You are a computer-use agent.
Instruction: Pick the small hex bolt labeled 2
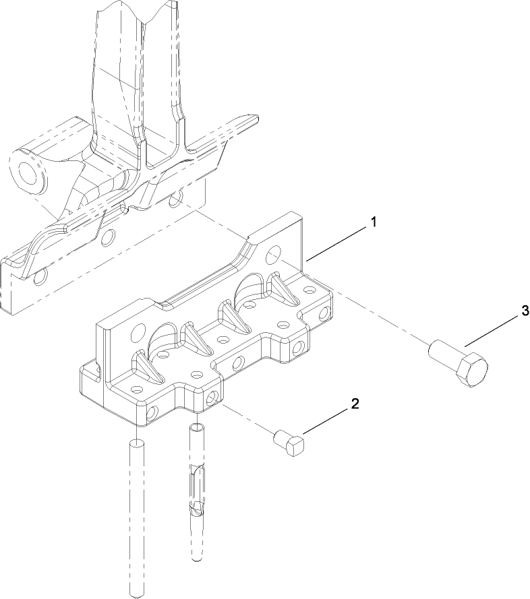291,444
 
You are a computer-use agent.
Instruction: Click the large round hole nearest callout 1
273,254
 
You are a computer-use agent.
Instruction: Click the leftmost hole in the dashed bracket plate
42,276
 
